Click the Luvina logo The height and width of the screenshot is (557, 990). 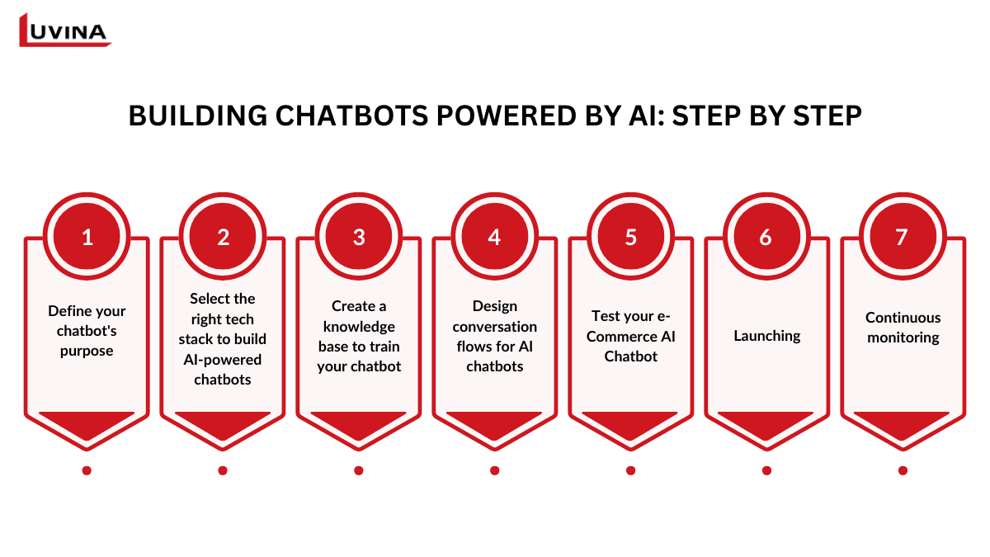pyautogui.click(x=64, y=31)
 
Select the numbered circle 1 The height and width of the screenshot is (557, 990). pyautogui.click(x=87, y=237)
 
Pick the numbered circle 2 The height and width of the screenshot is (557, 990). pyautogui.click(x=223, y=237)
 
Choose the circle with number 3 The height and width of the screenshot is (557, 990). pyautogui.click(x=359, y=237)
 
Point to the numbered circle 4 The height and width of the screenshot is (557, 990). pyautogui.click(x=494, y=237)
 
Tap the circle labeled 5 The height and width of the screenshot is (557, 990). pyautogui.click(x=631, y=237)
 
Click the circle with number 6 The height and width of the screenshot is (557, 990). pyautogui.click(x=766, y=237)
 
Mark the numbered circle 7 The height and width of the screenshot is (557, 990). pyautogui.click(x=902, y=237)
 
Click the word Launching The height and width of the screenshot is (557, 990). pyautogui.click(x=766, y=336)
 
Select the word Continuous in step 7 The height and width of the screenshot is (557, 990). pyautogui.click(x=903, y=317)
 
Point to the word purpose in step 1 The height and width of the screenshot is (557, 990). pyautogui.click(x=87, y=351)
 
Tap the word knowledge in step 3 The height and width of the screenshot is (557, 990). pyautogui.click(x=359, y=326)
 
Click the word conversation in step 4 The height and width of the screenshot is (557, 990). pyautogui.click(x=494, y=326)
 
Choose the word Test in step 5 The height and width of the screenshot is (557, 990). pyautogui.click(x=606, y=316)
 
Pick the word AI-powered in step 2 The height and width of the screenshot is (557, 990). pyautogui.click(x=223, y=360)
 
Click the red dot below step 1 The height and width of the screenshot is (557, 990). pyautogui.click(x=87, y=470)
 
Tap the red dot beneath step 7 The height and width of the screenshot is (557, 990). pyautogui.click(x=903, y=470)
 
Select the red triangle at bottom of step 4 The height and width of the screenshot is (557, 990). pyautogui.click(x=494, y=422)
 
